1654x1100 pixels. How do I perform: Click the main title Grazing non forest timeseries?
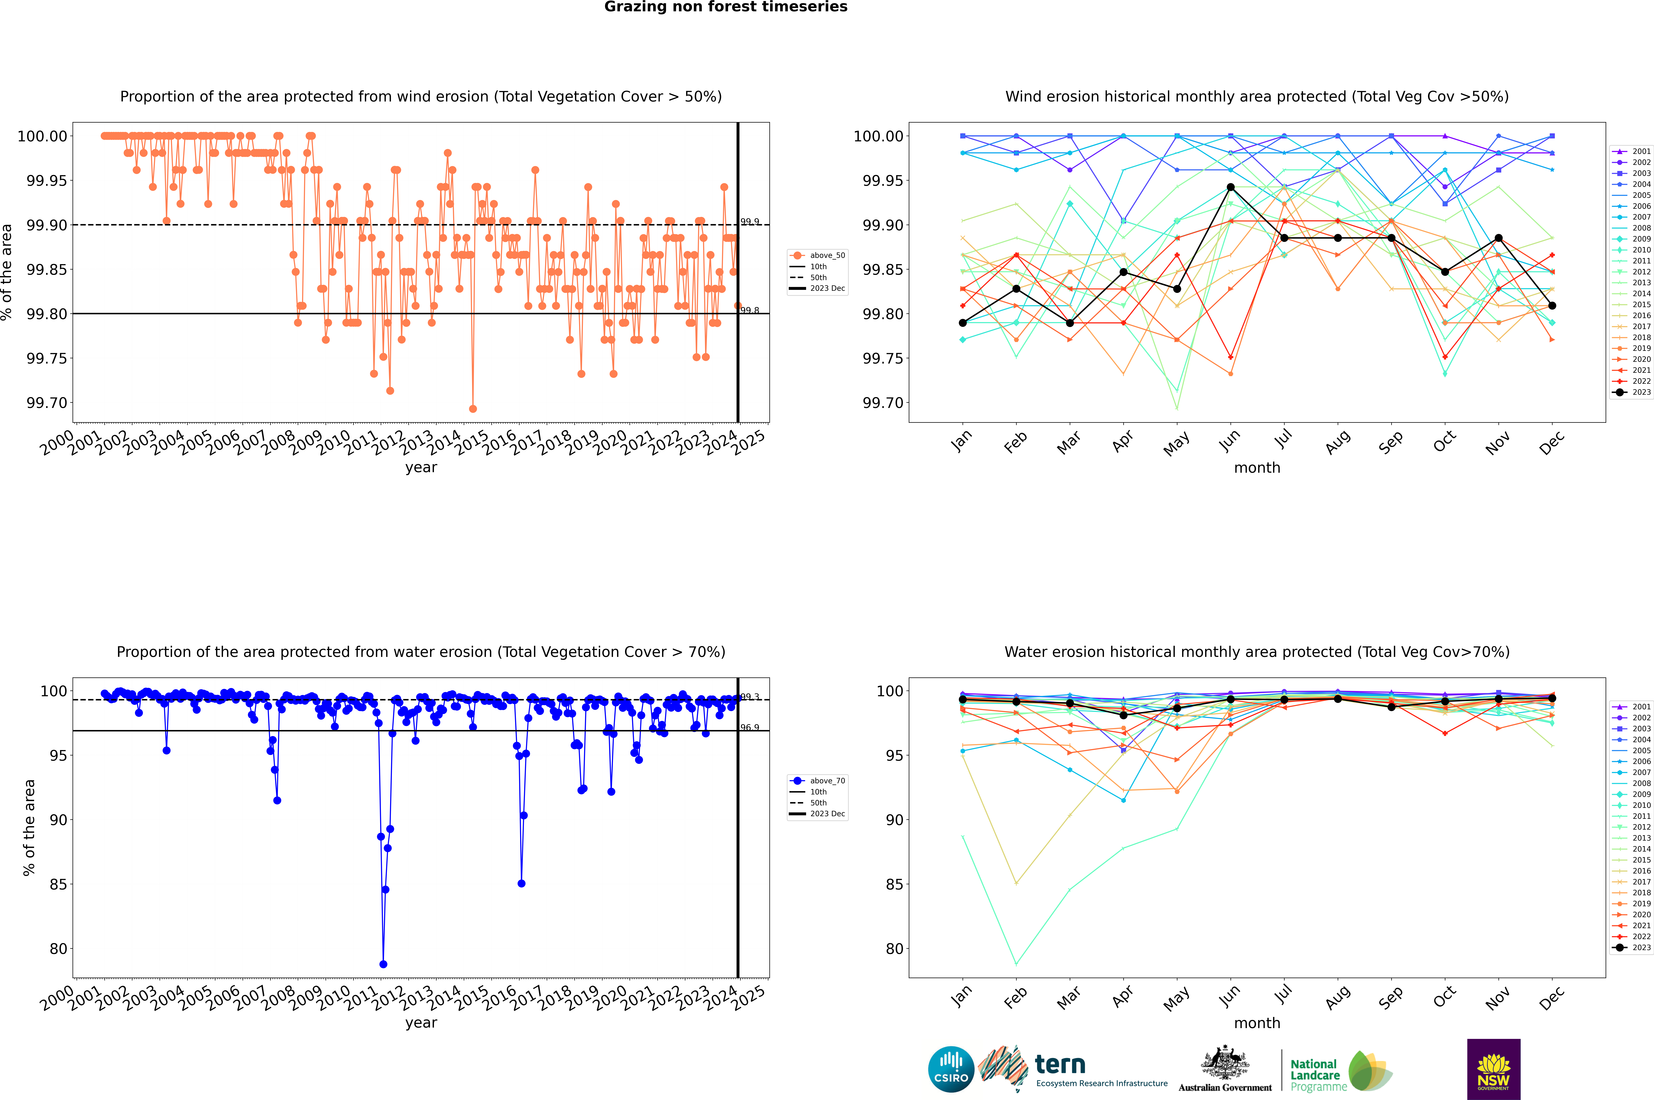point(726,7)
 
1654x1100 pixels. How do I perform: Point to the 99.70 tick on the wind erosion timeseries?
point(48,403)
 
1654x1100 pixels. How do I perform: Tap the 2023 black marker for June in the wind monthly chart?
point(1230,187)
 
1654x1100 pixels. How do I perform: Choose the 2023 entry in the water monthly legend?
point(1641,948)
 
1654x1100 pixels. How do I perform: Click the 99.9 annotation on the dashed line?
point(750,222)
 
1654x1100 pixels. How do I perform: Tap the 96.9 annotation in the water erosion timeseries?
point(750,727)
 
